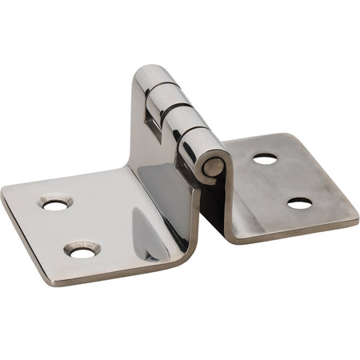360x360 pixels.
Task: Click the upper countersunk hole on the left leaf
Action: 55,204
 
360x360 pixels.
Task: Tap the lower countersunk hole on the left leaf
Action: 82,251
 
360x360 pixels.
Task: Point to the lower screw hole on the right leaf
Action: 299,203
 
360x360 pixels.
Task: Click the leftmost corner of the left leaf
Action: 3,194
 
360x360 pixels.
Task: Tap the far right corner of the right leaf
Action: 356,214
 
